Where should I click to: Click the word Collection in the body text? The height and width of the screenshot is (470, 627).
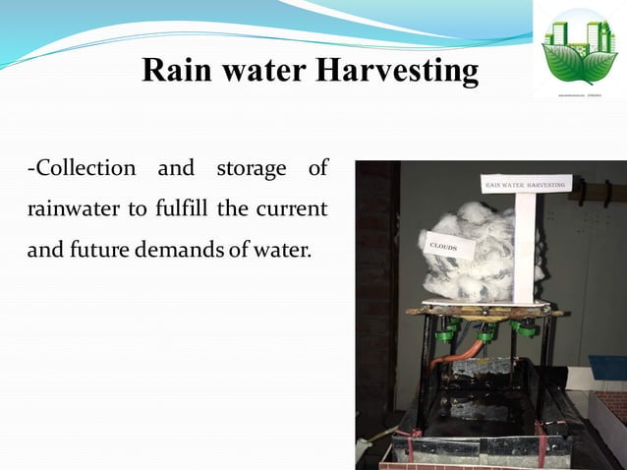pos(83,168)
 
